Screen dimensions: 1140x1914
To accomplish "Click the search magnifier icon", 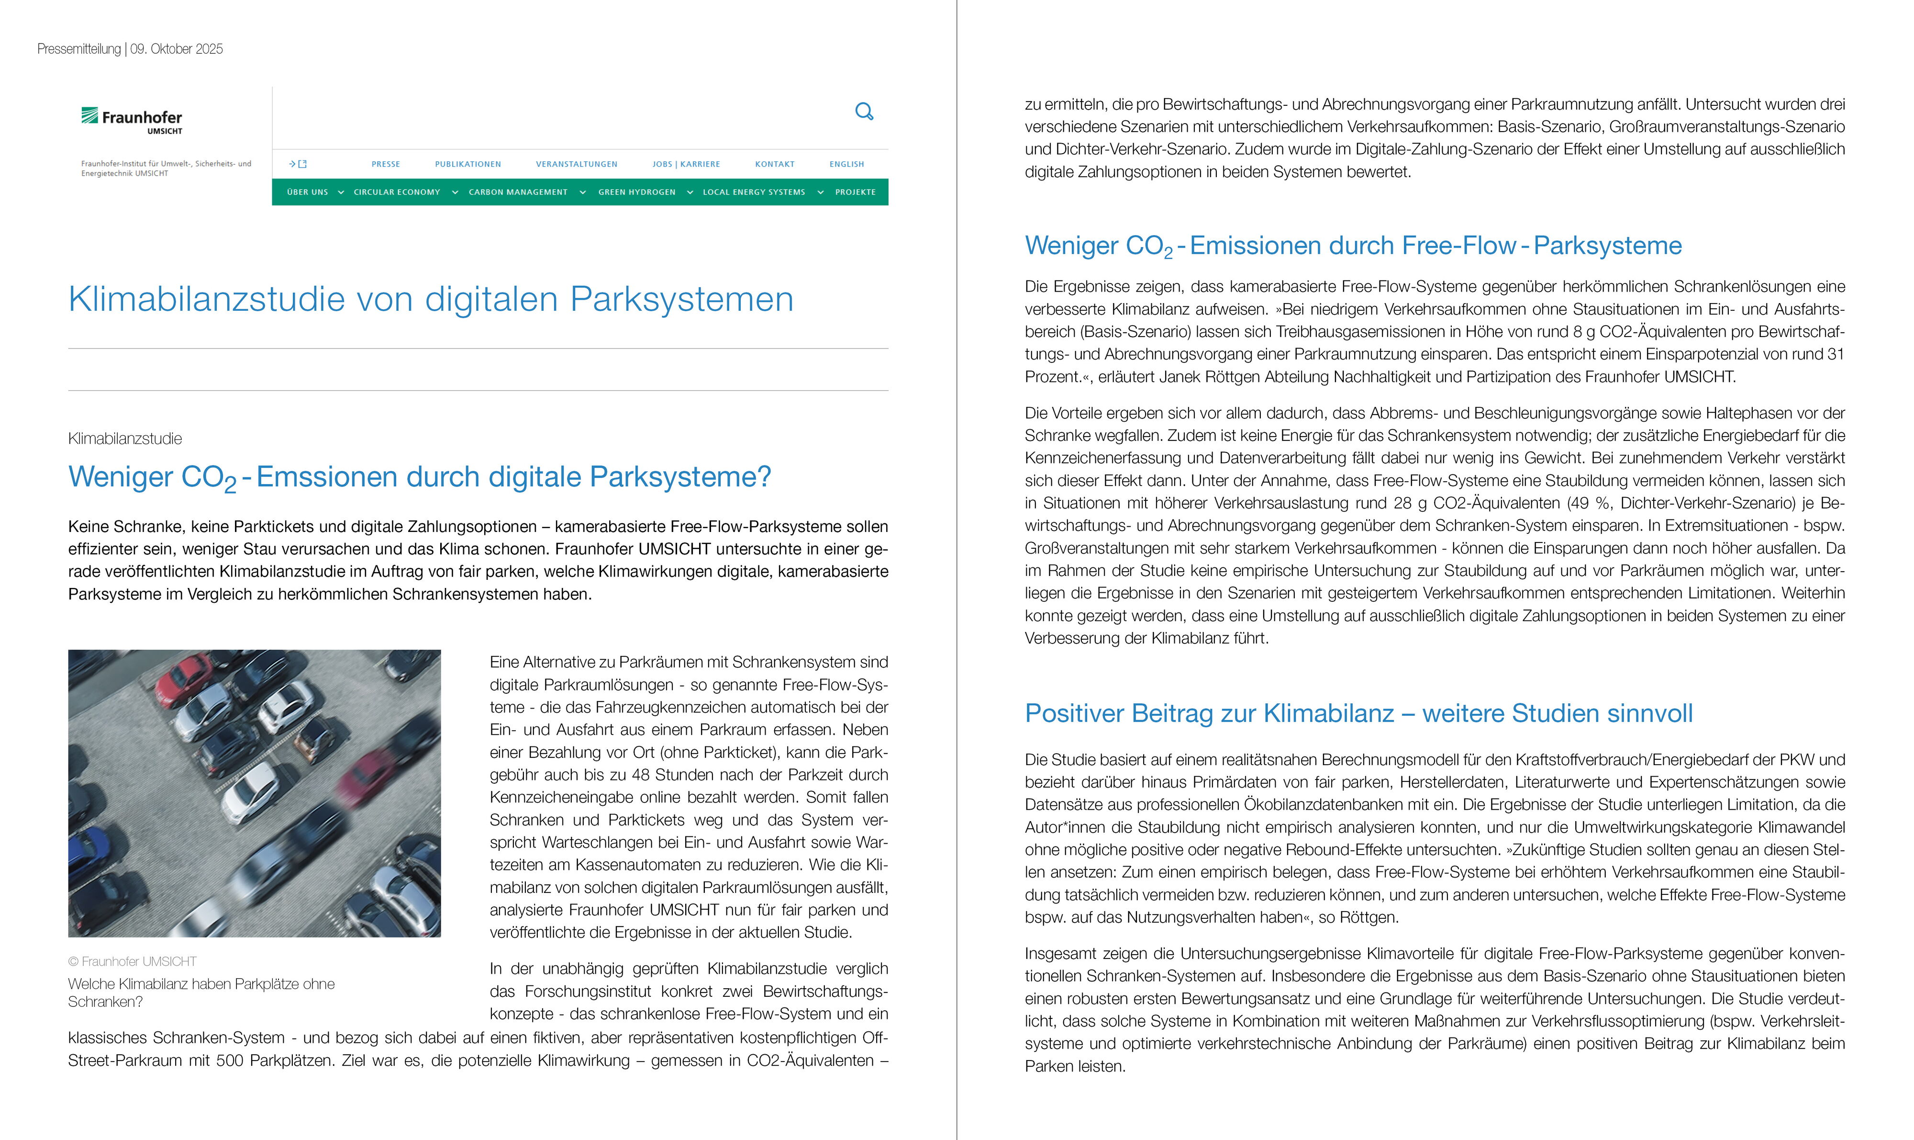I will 864,112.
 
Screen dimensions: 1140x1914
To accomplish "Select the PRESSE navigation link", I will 385,164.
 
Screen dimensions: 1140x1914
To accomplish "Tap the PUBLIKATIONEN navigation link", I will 467,164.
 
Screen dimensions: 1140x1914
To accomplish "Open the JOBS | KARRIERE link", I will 686,164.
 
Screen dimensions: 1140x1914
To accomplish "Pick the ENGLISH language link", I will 846,164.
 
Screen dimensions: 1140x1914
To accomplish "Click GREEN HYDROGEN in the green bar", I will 636,192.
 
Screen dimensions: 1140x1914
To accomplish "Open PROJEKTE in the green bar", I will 855,192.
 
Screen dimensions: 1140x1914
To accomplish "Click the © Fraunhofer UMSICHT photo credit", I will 132,961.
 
